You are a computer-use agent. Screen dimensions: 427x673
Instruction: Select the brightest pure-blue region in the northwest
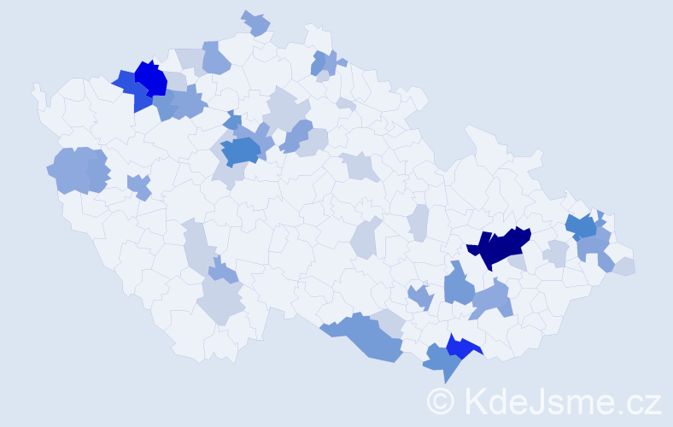click(151, 79)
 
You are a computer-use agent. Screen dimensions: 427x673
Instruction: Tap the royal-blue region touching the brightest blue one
click(131, 89)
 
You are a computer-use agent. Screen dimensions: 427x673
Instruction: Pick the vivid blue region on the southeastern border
click(461, 348)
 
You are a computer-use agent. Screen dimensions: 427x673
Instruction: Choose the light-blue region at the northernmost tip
click(255, 23)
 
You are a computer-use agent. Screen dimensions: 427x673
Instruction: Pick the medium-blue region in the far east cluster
click(583, 227)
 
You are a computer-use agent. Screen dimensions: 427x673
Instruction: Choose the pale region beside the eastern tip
click(624, 266)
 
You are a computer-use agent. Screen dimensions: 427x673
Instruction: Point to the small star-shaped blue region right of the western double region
click(139, 185)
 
